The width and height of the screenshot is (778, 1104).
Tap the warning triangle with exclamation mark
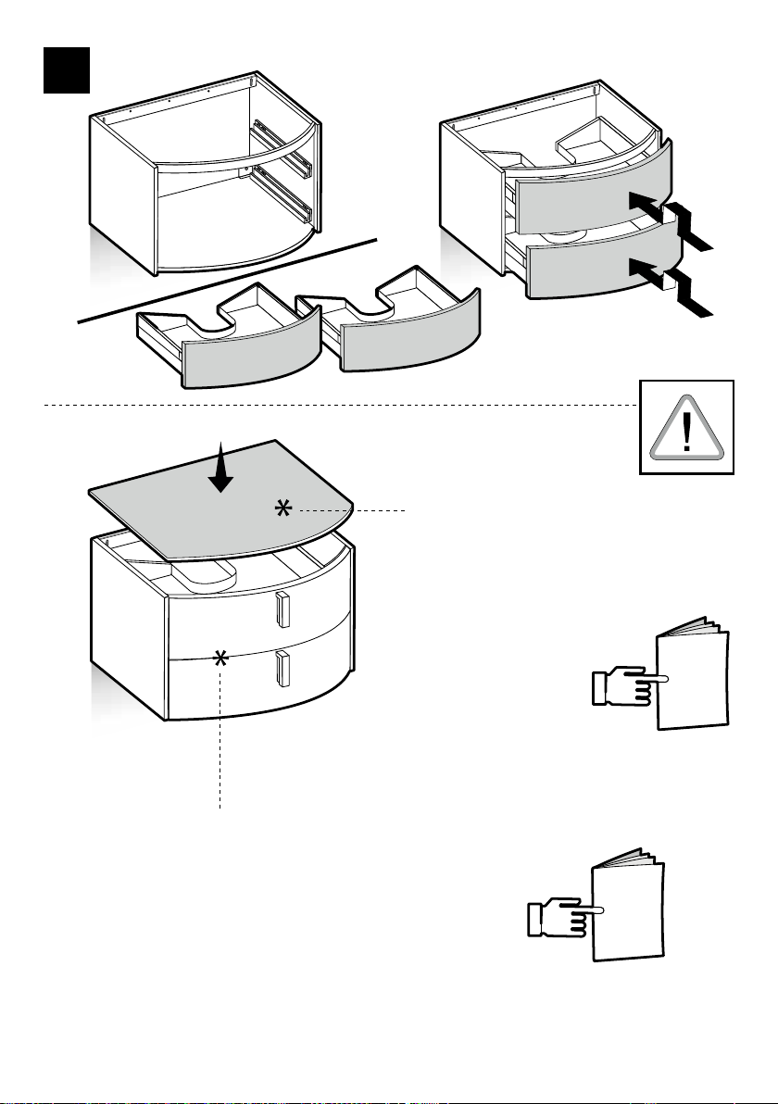[686, 428]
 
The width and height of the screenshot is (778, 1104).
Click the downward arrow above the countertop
[220, 468]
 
